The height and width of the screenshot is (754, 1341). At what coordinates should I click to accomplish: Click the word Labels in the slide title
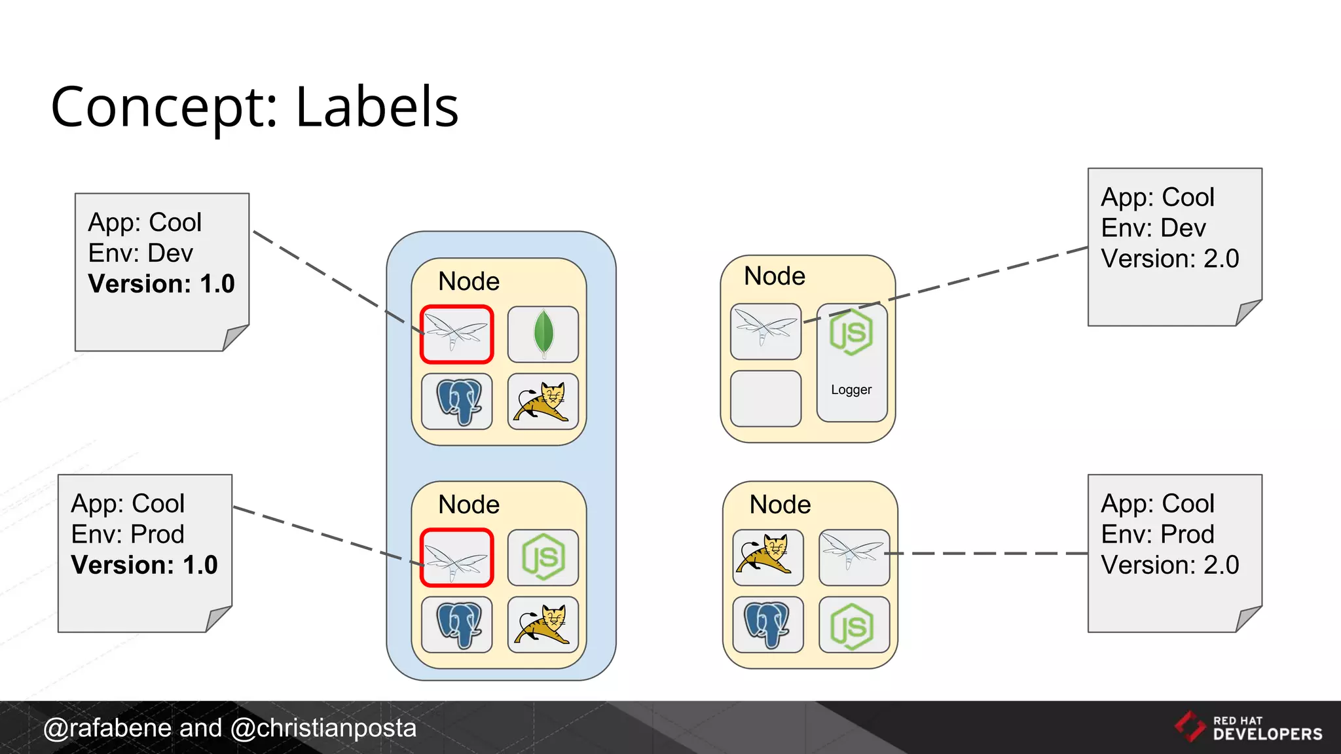pos(377,107)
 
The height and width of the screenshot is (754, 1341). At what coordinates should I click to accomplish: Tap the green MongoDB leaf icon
pos(543,334)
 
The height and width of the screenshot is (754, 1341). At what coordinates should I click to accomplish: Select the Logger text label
pos(851,390)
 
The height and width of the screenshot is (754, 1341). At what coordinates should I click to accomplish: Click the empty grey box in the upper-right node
pos(765,399)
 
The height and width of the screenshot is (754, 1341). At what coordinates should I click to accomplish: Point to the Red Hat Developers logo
pos(1249,728)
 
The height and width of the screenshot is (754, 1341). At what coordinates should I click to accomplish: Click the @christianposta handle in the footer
pos(323,728)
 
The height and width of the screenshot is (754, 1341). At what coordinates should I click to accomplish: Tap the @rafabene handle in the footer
pos(107,728)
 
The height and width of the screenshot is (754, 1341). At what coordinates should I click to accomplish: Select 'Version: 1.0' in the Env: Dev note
pos(161,284)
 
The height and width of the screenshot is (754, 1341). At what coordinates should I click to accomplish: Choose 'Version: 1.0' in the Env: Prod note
pos(144,565)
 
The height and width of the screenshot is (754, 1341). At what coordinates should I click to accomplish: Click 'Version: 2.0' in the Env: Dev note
pos(1169,259)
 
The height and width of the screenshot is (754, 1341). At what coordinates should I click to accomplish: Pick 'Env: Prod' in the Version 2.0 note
pos(1157,535)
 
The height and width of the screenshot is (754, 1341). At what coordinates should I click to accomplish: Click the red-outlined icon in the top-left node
pos(456,334)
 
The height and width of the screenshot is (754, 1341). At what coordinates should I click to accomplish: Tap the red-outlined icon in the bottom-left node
pos(456,558)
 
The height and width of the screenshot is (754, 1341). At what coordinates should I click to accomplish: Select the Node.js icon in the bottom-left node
pos(543,558)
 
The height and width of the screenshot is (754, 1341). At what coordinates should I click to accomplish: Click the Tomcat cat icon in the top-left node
pos(543,401)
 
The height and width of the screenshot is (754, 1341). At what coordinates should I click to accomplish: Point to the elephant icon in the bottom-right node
pos(767,624)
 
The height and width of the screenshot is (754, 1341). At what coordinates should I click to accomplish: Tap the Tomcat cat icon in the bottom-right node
pos(767,556)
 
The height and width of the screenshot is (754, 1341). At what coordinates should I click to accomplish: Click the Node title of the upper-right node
pos(775,276)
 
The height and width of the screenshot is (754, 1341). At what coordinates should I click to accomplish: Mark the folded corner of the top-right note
pos(1247,312)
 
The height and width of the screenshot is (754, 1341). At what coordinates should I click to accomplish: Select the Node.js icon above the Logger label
pos(851,332)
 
